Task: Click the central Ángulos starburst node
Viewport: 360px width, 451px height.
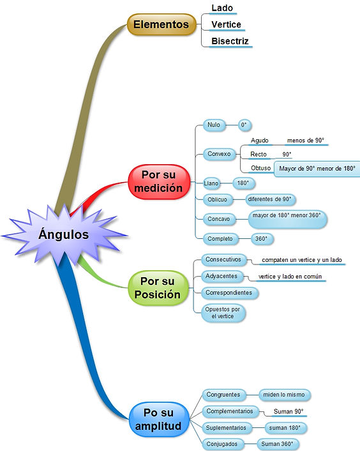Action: [64, 234]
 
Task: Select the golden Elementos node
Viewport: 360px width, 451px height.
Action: [161, 24]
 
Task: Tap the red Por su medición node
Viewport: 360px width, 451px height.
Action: [159, 181]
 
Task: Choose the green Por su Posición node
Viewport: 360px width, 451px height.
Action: [158, 287]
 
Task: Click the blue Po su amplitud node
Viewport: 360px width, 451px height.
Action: [158, 419]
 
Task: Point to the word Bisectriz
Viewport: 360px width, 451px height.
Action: [230, 41]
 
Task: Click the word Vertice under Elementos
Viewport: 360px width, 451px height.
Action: [226, 24]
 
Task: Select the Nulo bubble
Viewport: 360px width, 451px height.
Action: [214, 125]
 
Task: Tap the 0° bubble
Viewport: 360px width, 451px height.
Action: [244, 125]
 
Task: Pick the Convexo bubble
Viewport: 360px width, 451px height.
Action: [219, 154]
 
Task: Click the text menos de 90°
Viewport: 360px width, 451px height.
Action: [305, 141]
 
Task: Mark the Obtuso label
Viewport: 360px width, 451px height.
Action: [260, 167]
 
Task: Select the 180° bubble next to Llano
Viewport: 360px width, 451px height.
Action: [243, 183]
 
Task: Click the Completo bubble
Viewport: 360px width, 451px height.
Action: [220, 239]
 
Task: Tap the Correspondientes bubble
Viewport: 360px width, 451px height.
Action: [229, 293]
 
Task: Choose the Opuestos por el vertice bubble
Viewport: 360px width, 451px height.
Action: [223, 312]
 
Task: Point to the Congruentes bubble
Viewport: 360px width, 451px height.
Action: [223, 395]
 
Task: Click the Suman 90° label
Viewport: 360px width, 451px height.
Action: [288, 411]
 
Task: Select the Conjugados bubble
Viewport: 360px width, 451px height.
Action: [222, 444]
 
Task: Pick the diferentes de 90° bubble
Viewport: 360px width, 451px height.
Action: [270, 199]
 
